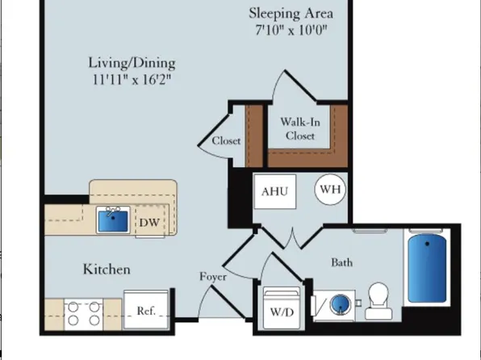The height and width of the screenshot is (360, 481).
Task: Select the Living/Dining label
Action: click(132, 63)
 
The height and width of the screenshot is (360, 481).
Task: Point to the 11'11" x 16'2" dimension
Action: click(132, 80)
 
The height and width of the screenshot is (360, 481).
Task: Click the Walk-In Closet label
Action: click(298, 129)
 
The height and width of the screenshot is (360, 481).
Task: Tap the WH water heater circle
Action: click(328, 190)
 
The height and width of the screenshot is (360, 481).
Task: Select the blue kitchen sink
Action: click(113, 220)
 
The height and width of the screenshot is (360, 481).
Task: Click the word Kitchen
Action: click(107, 270)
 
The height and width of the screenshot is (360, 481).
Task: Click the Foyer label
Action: click(213, 277)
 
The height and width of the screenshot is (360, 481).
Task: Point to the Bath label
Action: click(342, 262)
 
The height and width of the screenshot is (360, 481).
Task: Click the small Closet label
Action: click(226, 140)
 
